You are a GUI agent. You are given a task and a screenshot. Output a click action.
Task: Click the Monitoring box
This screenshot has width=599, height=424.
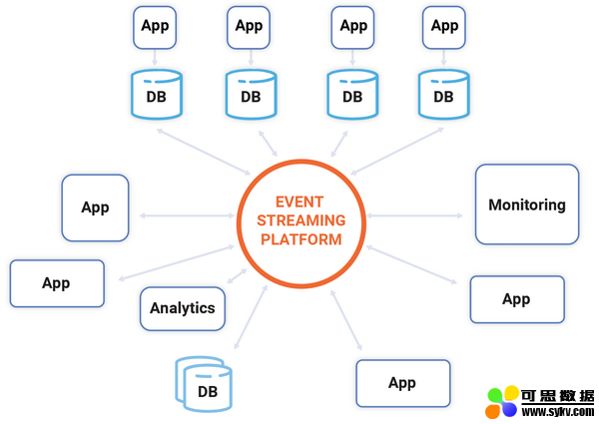(527, 205)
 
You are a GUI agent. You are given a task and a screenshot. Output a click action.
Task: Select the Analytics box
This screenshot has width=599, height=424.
(183, 308)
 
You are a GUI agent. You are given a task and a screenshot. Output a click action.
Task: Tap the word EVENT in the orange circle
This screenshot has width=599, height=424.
(299, 202)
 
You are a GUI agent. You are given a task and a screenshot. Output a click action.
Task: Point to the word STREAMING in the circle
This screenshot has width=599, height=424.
(301, 220)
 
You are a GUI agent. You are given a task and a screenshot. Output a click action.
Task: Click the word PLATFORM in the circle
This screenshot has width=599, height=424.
(301, 239)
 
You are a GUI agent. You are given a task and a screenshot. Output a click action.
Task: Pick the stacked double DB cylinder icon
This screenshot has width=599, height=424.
(204, 384)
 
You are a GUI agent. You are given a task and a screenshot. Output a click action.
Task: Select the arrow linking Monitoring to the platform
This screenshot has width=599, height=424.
(414, 215)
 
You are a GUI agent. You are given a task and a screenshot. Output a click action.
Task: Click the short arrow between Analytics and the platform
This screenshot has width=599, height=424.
(238, 276)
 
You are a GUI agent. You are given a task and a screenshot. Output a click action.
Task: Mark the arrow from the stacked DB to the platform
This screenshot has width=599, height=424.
(251, 317)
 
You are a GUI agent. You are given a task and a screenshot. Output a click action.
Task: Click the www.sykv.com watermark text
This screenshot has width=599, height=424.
(557, 412)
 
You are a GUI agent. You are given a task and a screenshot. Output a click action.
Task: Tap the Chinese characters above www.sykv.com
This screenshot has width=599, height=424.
(557, 396)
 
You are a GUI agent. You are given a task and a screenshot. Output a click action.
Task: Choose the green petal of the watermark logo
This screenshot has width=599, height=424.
(495, 395)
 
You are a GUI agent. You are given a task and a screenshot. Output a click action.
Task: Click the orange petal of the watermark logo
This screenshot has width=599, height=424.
(493, 411)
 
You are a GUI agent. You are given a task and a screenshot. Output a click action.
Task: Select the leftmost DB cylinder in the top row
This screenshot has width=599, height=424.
(157, 94)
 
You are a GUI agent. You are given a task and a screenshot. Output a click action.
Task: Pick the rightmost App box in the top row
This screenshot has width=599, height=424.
(444, 28)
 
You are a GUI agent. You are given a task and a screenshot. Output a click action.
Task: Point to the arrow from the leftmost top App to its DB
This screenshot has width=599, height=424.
(155, 58)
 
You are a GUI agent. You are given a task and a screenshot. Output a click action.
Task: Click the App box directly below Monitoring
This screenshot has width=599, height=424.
(517, 299)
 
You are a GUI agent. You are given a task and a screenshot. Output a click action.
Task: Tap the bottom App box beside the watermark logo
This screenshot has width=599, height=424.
(403, 383)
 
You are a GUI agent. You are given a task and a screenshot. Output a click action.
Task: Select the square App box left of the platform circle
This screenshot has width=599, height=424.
(95, 208)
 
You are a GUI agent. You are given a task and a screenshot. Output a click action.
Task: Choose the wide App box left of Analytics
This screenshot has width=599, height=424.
(57, 283)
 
